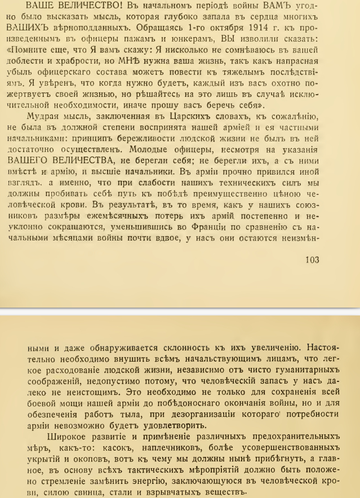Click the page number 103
point(310,259)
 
